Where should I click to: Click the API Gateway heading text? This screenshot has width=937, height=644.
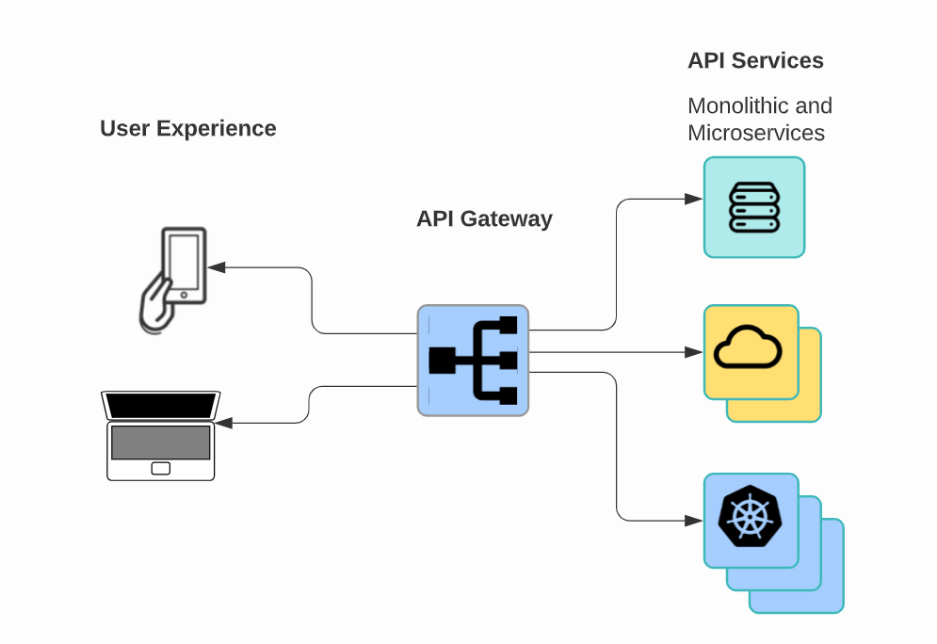[484, 219]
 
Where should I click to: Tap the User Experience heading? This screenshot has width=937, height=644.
[188, 129]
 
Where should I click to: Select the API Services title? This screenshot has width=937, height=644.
[755, 61]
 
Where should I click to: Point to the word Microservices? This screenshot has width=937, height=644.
[756, 133]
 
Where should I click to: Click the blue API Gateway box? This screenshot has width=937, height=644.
[473, 360]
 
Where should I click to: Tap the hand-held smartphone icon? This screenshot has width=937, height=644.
[172, 280]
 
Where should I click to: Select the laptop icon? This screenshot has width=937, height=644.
[160, 435]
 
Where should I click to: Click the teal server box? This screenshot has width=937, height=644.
[754, 207]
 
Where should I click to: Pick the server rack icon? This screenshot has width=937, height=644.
[754, 207]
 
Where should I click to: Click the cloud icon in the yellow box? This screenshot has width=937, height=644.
[748, 347]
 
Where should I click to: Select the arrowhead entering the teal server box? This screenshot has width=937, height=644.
[695, 199]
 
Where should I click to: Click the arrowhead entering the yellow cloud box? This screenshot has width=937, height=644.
[695, 352]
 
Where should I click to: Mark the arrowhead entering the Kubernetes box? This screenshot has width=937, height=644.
[695, 520]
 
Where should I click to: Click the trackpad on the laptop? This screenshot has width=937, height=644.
[161, 468]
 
